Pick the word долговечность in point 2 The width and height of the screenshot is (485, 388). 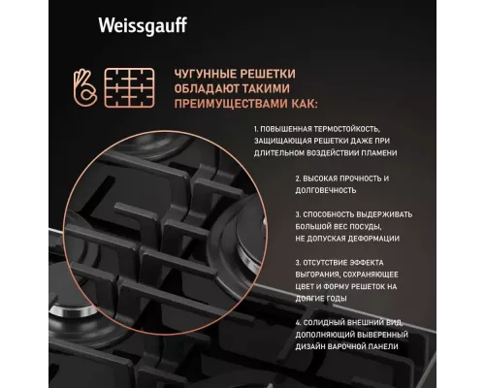coord(328,191)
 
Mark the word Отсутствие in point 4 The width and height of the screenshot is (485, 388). coord(327,262)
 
